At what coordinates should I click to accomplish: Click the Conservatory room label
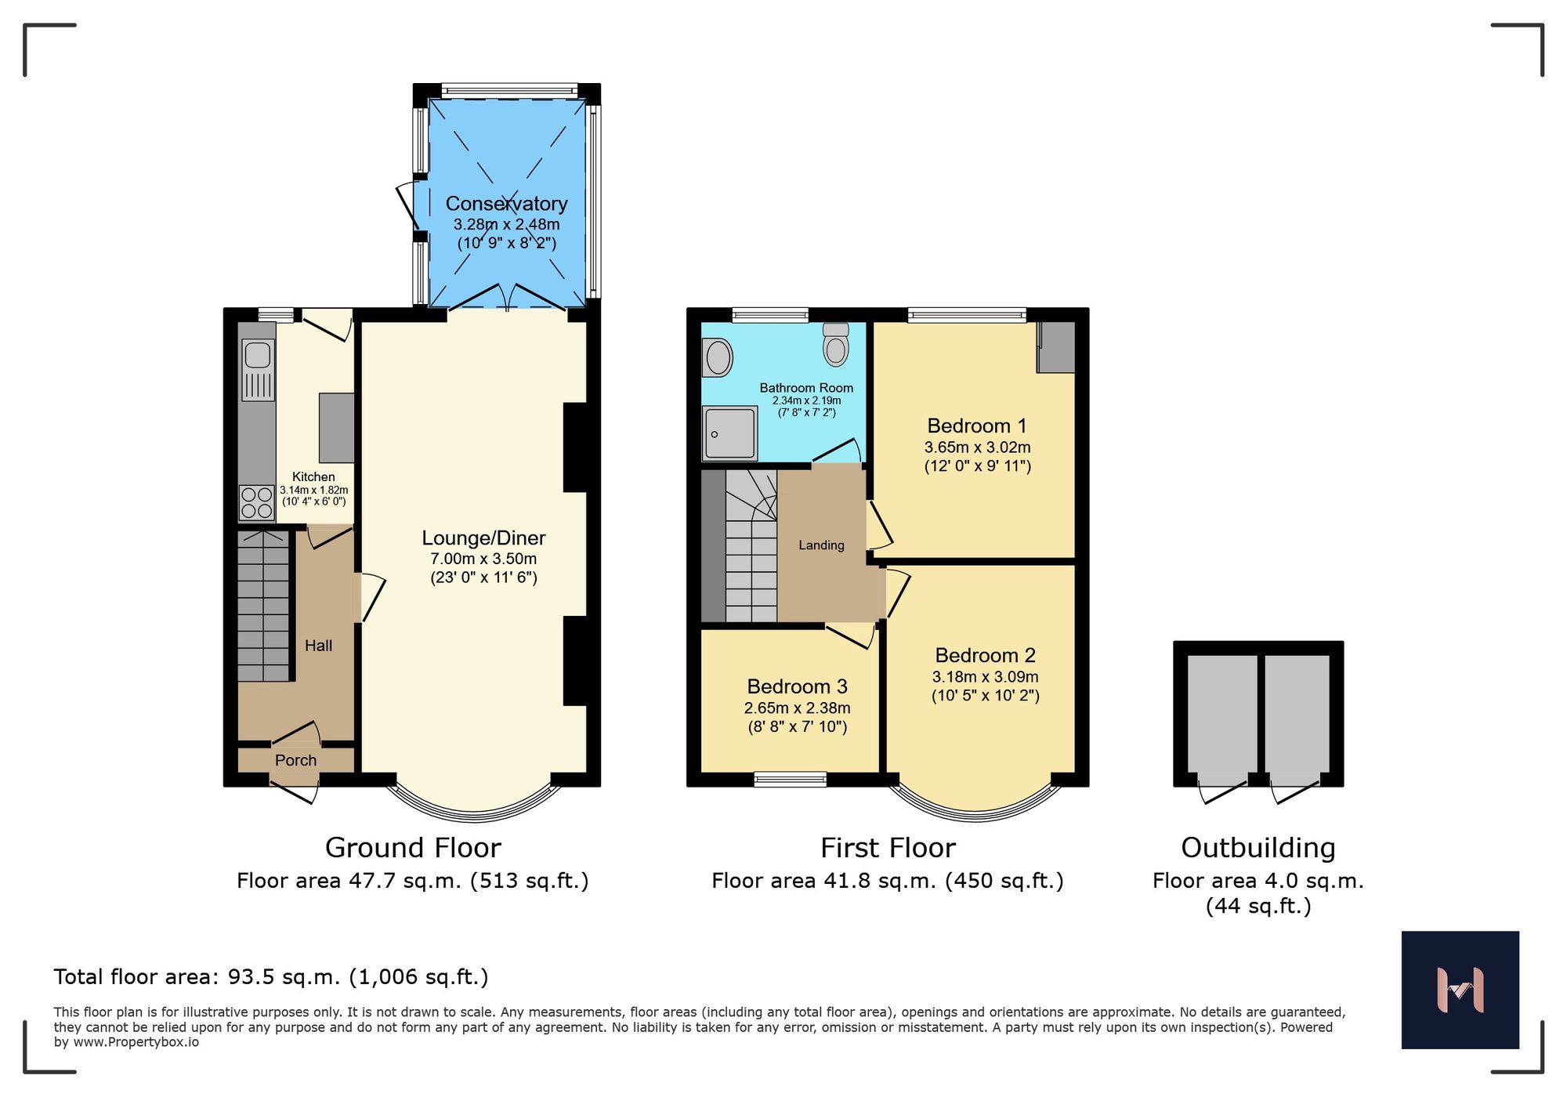pos(506,204)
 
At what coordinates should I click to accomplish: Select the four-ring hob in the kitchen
pos(257,502)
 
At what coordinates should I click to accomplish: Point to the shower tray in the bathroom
pos(729,433)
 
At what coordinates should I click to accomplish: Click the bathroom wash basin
pos(717,358)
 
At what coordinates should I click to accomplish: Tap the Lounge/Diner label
pos(483,538)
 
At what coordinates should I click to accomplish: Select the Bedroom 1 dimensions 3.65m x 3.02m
pos(977,447)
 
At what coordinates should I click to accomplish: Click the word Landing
pos(821,545)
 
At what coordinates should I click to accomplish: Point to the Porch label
pos(295,760)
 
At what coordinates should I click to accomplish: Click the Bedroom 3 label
pos(797,687)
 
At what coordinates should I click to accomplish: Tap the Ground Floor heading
pos(413,848)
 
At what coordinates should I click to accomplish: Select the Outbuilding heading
pos(1258,848)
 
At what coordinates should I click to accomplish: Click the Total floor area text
pos(271,977)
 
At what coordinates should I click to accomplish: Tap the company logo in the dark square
pos(1460,990)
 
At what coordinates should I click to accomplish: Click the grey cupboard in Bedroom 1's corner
pos(1056,348)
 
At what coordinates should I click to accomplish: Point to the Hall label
pos(318,646)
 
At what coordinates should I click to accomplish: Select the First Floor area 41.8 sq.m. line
pos(887,881)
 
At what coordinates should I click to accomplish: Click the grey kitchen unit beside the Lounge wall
pos(336,428)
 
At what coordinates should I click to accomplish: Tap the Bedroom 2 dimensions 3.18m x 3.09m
pos(985,677)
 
